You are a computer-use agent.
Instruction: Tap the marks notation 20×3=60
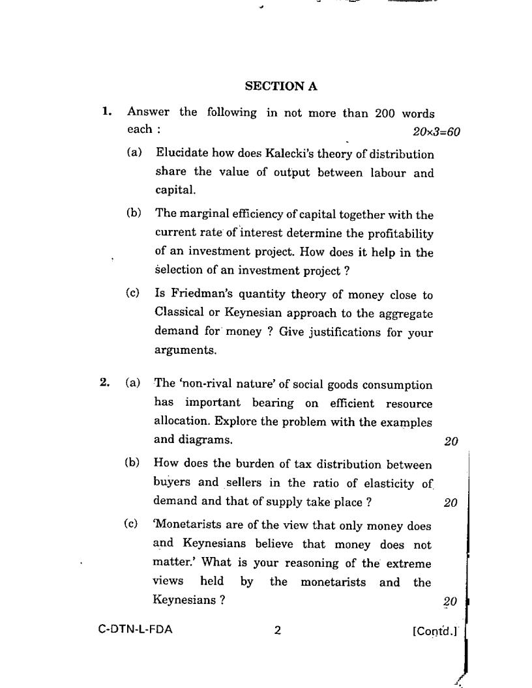click(x=436, y=132)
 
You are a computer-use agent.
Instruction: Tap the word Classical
click(x=179, y=313)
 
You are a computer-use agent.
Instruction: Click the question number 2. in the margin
click(x=104, y=383)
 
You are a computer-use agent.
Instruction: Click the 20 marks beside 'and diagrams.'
click(x=451, y=442)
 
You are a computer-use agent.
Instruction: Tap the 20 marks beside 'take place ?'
click(x=450, y=502)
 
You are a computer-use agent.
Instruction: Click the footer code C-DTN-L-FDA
click(x=136, y=630)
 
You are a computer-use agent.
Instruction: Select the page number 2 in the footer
click(x=277, y=630)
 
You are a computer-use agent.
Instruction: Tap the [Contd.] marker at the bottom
click(x=435, y=631)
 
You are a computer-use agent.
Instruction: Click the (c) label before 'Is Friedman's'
click(x=133, y=294)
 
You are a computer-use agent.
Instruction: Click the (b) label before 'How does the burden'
click(x=132, y=463)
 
